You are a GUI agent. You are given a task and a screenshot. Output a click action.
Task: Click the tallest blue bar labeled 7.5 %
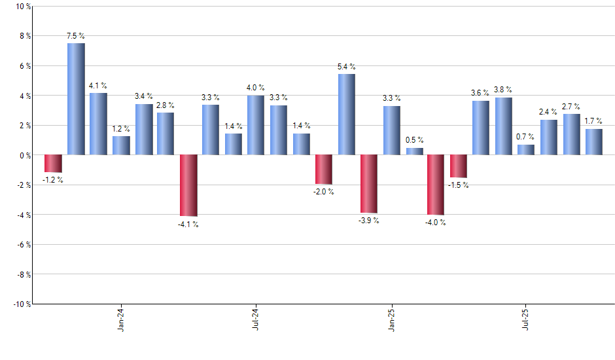(76, 99)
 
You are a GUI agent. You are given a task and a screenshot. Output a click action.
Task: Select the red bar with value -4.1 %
(188, 185)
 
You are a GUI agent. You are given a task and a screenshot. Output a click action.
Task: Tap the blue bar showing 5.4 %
(347, 115)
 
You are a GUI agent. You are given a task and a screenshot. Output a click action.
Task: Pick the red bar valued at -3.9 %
(369, 184)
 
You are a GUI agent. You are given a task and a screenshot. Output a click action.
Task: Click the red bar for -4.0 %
(436, 185)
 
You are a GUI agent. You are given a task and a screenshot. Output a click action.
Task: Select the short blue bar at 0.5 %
(414, 151)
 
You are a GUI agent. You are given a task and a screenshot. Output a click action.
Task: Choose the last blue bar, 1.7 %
(594, 142)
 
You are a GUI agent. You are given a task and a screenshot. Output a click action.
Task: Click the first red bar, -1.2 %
(53, 164)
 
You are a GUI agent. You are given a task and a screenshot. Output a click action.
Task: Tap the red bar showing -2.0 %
(324, 170)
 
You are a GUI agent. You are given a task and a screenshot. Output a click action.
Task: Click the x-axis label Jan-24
(121, 319)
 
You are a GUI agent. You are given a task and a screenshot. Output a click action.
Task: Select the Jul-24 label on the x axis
(256, 319)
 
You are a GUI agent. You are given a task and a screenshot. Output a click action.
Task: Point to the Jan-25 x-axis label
(392, 319)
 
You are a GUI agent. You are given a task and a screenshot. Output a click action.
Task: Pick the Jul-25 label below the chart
(527, 319)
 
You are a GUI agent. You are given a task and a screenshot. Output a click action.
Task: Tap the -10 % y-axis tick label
(21, 304)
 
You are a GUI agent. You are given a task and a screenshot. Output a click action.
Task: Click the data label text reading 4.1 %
(98, 86)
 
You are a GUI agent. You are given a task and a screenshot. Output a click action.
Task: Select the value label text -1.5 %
(459, 185)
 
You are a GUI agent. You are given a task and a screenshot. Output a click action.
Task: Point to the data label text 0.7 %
(526, 137)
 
